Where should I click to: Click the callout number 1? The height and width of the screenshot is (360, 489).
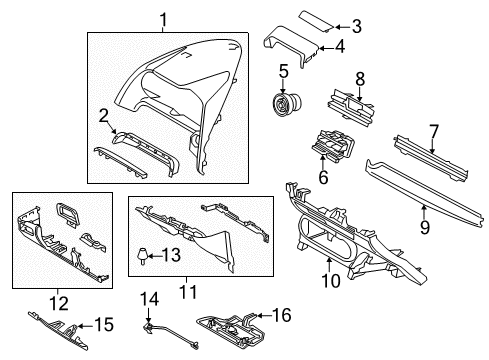pyautogui.click(x=163, y=20)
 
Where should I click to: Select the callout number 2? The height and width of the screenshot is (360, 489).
pyautogui.click(x=104, y=116)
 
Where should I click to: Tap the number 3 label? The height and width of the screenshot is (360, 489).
pyautogui.click(x=357, y=26)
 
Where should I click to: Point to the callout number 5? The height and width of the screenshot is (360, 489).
pyautogui.click(x=283, y=72)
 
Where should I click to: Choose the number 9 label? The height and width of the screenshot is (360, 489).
pyautogui.click(x=424, y=227)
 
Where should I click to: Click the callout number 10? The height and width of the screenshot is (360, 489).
pyautogui.click(x=331, y=281)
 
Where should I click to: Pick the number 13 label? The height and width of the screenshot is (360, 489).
pyautogui.click(x=171, y=255)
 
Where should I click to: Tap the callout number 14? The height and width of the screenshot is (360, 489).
pyautogui.click(x=149, y=299)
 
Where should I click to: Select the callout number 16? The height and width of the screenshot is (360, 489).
pyautogui.click(x=282, y=315)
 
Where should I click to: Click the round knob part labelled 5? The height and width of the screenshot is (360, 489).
pyautogui.click(x=285, y=104)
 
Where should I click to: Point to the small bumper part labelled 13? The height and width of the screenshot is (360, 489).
pyautogui.click(x=144, y=256)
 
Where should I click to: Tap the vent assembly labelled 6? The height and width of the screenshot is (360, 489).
pyautogui.click(x=333, y=145)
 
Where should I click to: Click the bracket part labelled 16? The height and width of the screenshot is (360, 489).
pyautogui.click(x=231, y=329)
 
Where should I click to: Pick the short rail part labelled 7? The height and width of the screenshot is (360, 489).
pyautogui.click(x=431, y=158)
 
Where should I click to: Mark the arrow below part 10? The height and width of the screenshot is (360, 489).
pyautogui.click(x=329, y=265)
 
